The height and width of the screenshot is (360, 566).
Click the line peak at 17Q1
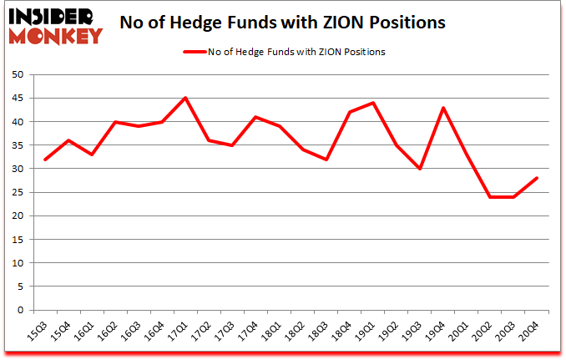pyautogui.click(x=185, y=98)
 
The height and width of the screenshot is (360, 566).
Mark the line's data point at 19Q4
pyautogui.click(x=442, y=108)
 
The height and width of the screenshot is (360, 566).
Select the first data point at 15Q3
pyautogui.click(x=45, y=160)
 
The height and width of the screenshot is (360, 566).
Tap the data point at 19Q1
pyautogui.click(x=372, y=103)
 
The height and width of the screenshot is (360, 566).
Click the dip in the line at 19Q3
pyautogui.click(x=419, y=169)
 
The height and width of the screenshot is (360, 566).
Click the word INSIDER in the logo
pyautogui.click(x=53, y=16)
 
